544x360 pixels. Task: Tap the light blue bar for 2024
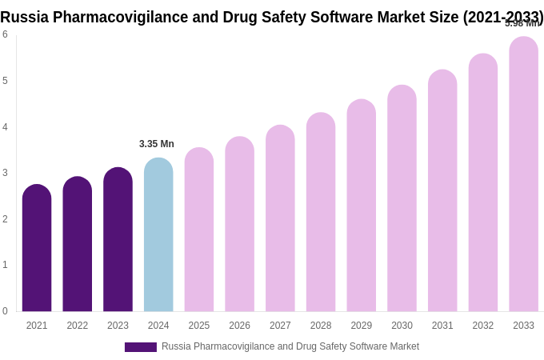coord(158,235)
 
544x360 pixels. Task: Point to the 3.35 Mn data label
coord(157,144)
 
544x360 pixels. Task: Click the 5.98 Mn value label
coord(522,23)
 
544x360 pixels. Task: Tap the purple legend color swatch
coord(140,347)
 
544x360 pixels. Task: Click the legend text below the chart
coord(290,346)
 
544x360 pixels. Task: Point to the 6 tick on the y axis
coord(5,34)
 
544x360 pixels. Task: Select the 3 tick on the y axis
coord(5,173)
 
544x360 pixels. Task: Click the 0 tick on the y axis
coord(5,311)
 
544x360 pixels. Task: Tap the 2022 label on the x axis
coord(78,326)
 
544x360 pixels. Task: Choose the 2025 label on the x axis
coord(199,326)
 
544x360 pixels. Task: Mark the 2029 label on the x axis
coord(361,326)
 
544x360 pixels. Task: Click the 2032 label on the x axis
coord(482,326)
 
